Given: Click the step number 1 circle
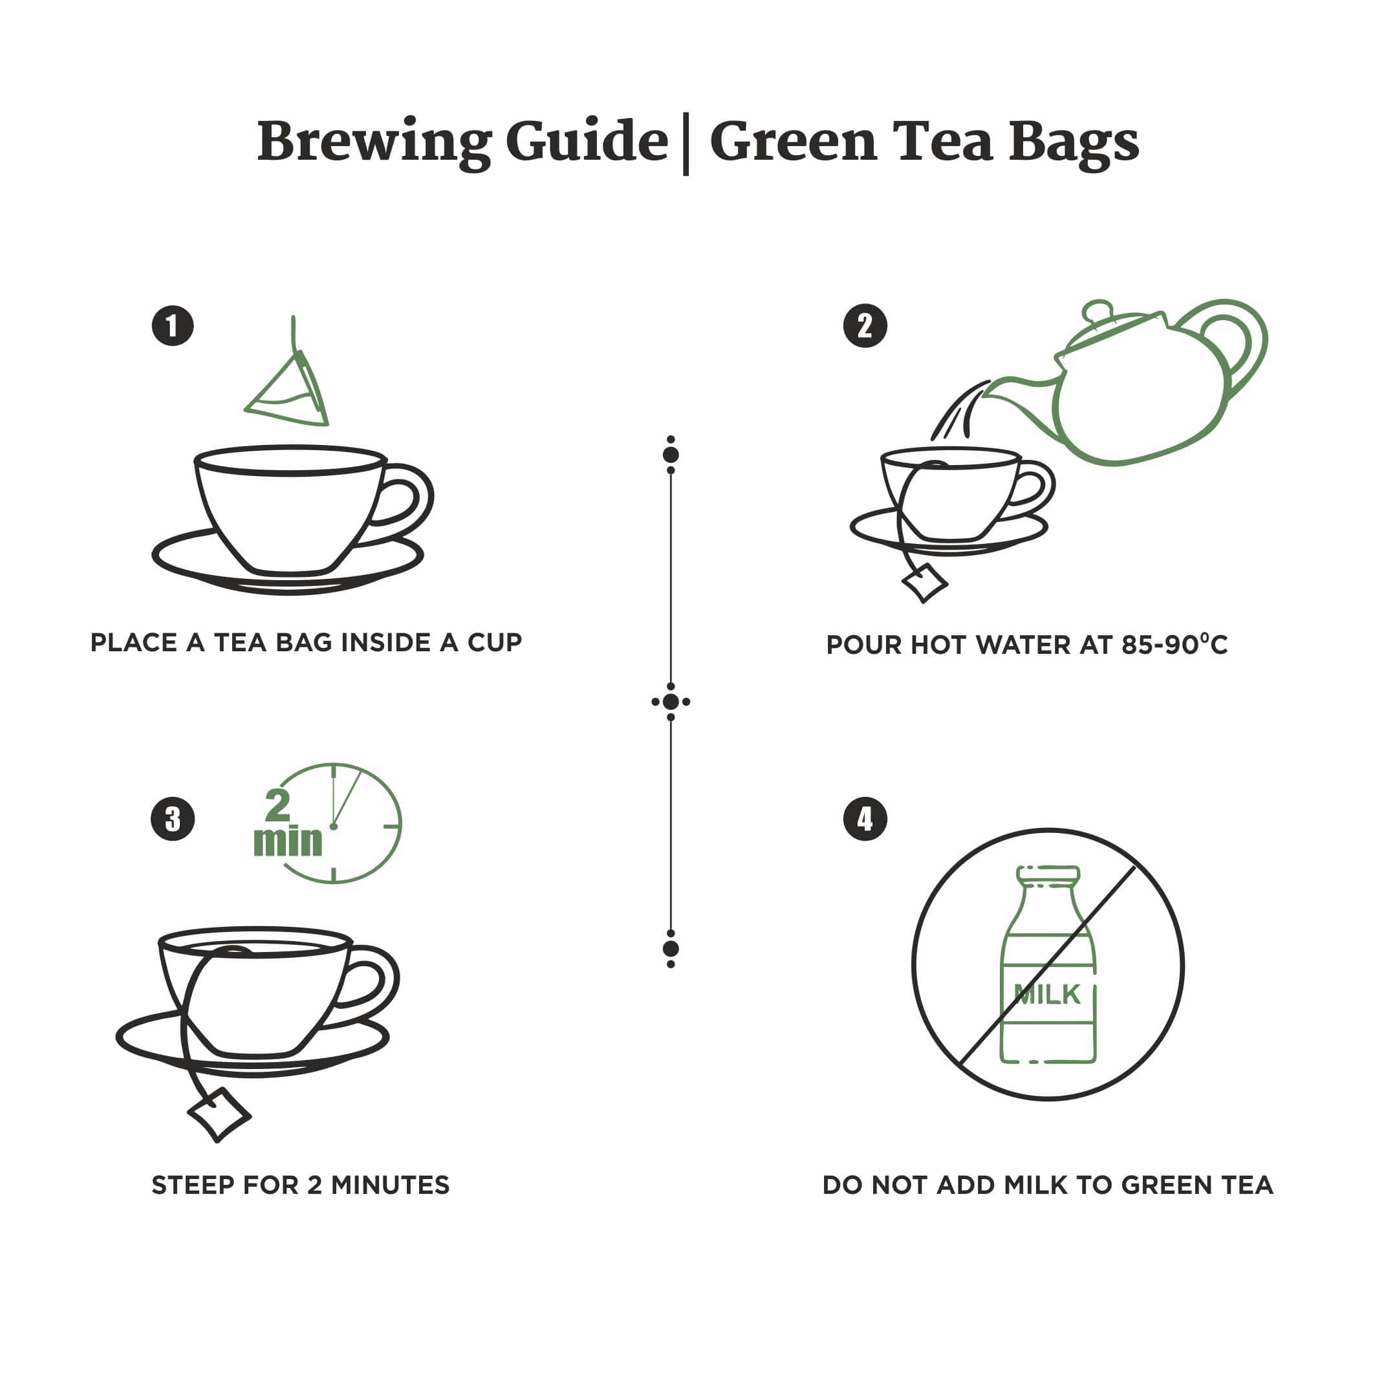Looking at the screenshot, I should coord(172,325).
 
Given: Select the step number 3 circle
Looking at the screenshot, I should coord(172,819).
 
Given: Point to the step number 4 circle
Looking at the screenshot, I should coord(865,819).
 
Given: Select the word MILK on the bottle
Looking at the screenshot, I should coord(1046,995).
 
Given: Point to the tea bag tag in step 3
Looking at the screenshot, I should coord(219,1114).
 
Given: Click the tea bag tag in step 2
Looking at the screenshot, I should coord(924,582).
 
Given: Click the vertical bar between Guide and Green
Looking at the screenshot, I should coord(686,144).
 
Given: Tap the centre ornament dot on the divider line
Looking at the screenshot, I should coord(670,701).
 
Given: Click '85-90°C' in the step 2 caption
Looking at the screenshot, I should coord(1174,644).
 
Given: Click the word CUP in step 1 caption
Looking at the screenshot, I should coord(494,642).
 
